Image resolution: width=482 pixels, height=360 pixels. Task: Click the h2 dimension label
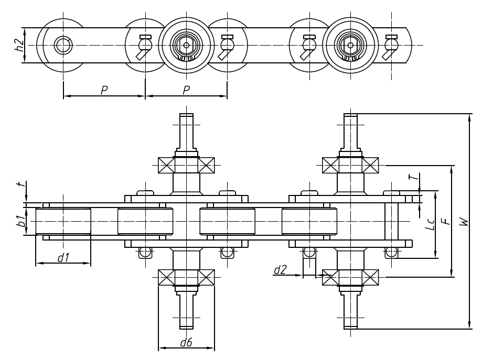tap(18, 45)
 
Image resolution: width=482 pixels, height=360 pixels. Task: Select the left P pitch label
tap(104, 90)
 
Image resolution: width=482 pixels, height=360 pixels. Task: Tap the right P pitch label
tap(187, 90)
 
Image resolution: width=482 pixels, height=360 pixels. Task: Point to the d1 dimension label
tap(63, 257)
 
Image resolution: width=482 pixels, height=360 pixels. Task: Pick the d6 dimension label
tap(186, 343)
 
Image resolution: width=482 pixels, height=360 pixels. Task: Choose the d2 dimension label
tap(281, 270)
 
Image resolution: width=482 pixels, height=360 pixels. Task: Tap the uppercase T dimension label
tap(415, 178)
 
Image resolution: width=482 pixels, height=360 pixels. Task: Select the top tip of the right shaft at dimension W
tap(350, 115)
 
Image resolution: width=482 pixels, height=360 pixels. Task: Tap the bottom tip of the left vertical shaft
tap(187, 328)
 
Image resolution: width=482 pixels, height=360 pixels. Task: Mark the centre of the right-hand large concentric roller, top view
tap(350, 45)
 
